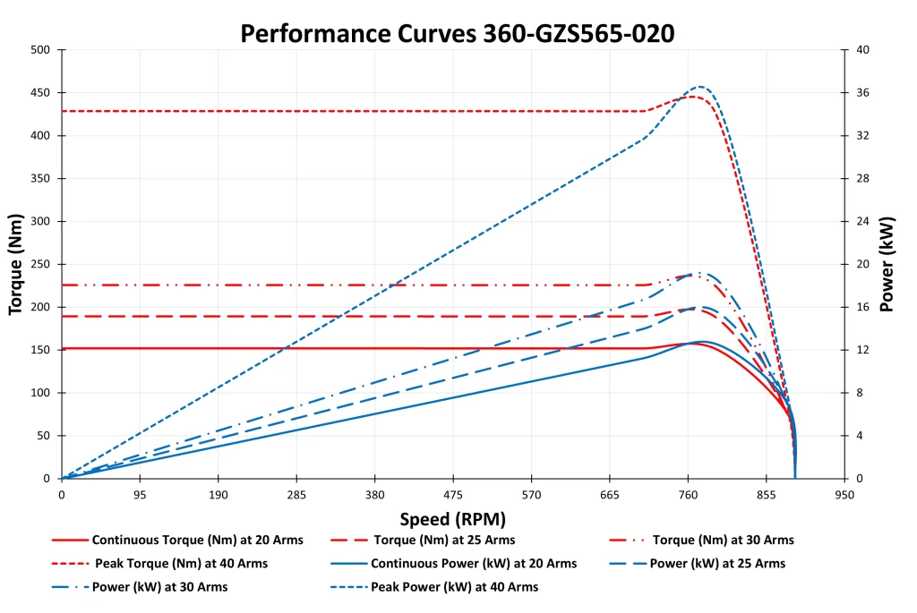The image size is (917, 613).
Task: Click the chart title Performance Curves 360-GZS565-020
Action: point(458,33)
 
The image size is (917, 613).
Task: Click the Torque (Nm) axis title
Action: point(15,264)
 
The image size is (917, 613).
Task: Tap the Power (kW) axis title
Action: point(887,264)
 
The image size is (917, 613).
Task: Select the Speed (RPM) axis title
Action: point(453,519)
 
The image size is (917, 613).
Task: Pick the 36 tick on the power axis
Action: point(863,93)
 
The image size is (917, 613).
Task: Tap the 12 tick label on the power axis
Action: point(863,350)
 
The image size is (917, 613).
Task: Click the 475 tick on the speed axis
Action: point(453,494)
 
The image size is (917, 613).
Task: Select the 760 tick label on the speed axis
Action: point(688,494)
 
